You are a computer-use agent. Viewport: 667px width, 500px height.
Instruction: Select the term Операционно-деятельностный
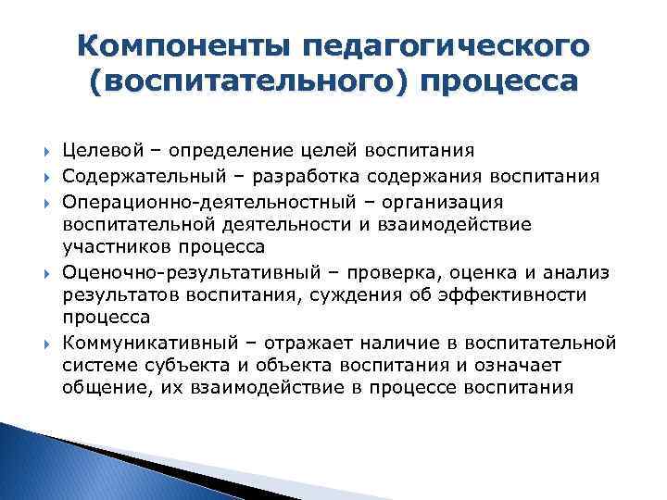[183, 201]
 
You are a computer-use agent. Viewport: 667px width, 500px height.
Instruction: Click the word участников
[113, 247]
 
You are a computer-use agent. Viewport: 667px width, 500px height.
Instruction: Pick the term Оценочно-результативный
[171, 272]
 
